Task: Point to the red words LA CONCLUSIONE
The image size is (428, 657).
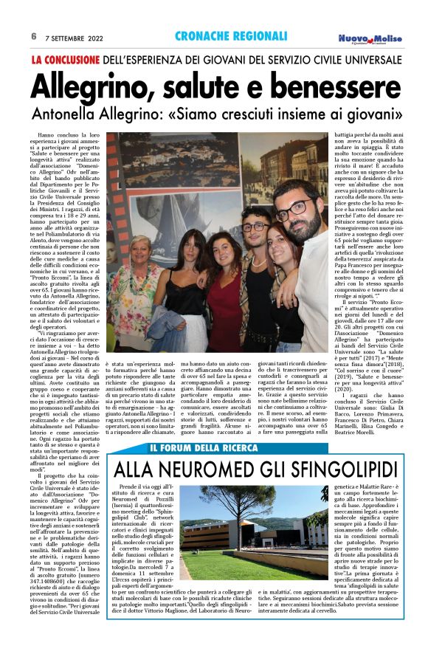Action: tap(66, 58)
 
